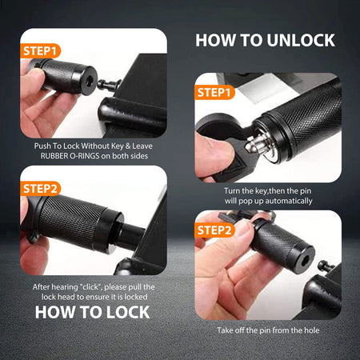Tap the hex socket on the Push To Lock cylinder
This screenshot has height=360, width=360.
click(x=85, y=81)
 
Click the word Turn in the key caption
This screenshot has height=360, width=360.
click(x=212, y=192)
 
